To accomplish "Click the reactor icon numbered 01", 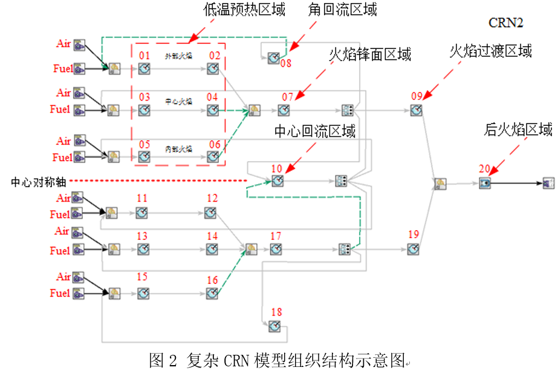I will click(x=144, y=70).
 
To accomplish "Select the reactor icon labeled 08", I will click(x=273, y=57).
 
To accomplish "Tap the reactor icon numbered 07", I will click(x=284, y=110).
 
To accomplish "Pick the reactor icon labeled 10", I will click(x=277, y=180).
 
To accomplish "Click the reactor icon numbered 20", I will click(x=485, y=183).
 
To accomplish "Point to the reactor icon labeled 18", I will click(x=274, y=326).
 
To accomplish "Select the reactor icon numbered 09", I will click(x=415, y=110).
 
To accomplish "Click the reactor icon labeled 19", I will click(x=413, y=248).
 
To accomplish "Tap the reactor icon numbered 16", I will click(x=212, y=293).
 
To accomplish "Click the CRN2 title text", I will click(x=505, y=22).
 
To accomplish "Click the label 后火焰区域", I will click(x=518, y=130).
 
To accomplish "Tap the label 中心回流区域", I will click(x=315, y=131).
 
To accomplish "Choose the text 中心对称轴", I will click(x=36, y=181).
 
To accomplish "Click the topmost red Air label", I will click(x=63, y=44).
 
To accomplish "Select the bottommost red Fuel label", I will click(x=60, y=294).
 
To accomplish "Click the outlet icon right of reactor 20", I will click(x=548, y=183).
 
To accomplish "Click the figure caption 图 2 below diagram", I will click(x=277, y=360).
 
